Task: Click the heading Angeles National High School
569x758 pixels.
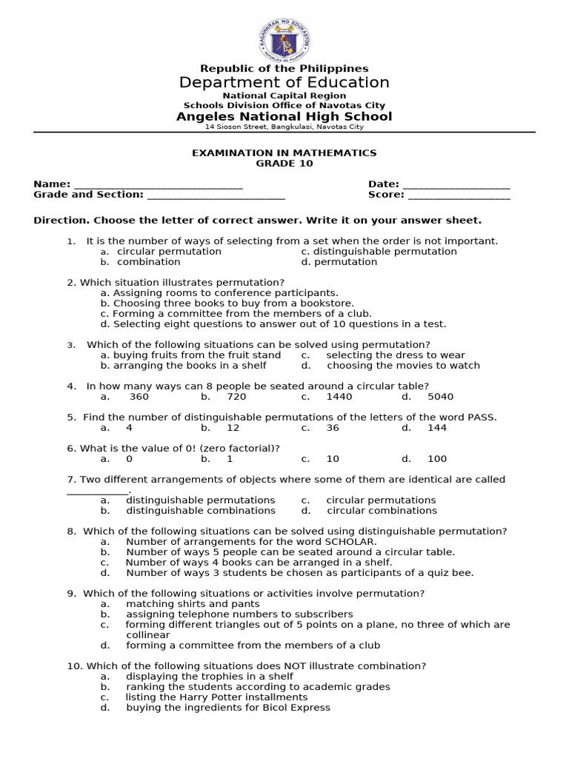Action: click(x=284, y=117)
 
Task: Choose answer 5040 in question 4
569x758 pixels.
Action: click(x=440, y=397)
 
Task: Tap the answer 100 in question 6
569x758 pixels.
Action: click(x=436, y=459)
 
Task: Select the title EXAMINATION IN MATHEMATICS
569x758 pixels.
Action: click(x=284, y=153)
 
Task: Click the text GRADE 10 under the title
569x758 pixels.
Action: click(x=284, y=164)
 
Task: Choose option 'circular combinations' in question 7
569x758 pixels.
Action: click(x=382, y=511)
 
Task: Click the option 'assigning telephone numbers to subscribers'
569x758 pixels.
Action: click(x=239, y=614)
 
